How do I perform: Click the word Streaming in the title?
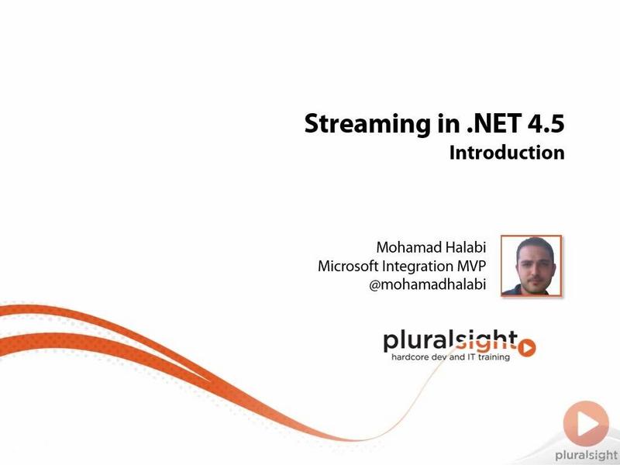[x=367, y=124]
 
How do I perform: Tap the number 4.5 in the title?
[x=546, y=123]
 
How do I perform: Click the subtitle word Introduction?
[x=507, y=153]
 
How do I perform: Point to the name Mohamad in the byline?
[x=408, y=247]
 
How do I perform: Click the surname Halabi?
[x=466, y=247]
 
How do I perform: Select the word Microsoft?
[x=348, y=266]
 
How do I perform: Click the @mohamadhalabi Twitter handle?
[x=428, y=284]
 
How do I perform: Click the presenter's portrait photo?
[x=531, y=266]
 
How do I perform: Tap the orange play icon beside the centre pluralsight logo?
[x=527, y=347]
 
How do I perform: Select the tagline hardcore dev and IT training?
[x=450, y=357]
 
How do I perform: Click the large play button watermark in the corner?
[x=586, y=423]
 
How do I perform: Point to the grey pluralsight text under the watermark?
[x=587, y=456]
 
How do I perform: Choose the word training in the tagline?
[x=494, y=357]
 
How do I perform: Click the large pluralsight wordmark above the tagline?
[x=450, y=342]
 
